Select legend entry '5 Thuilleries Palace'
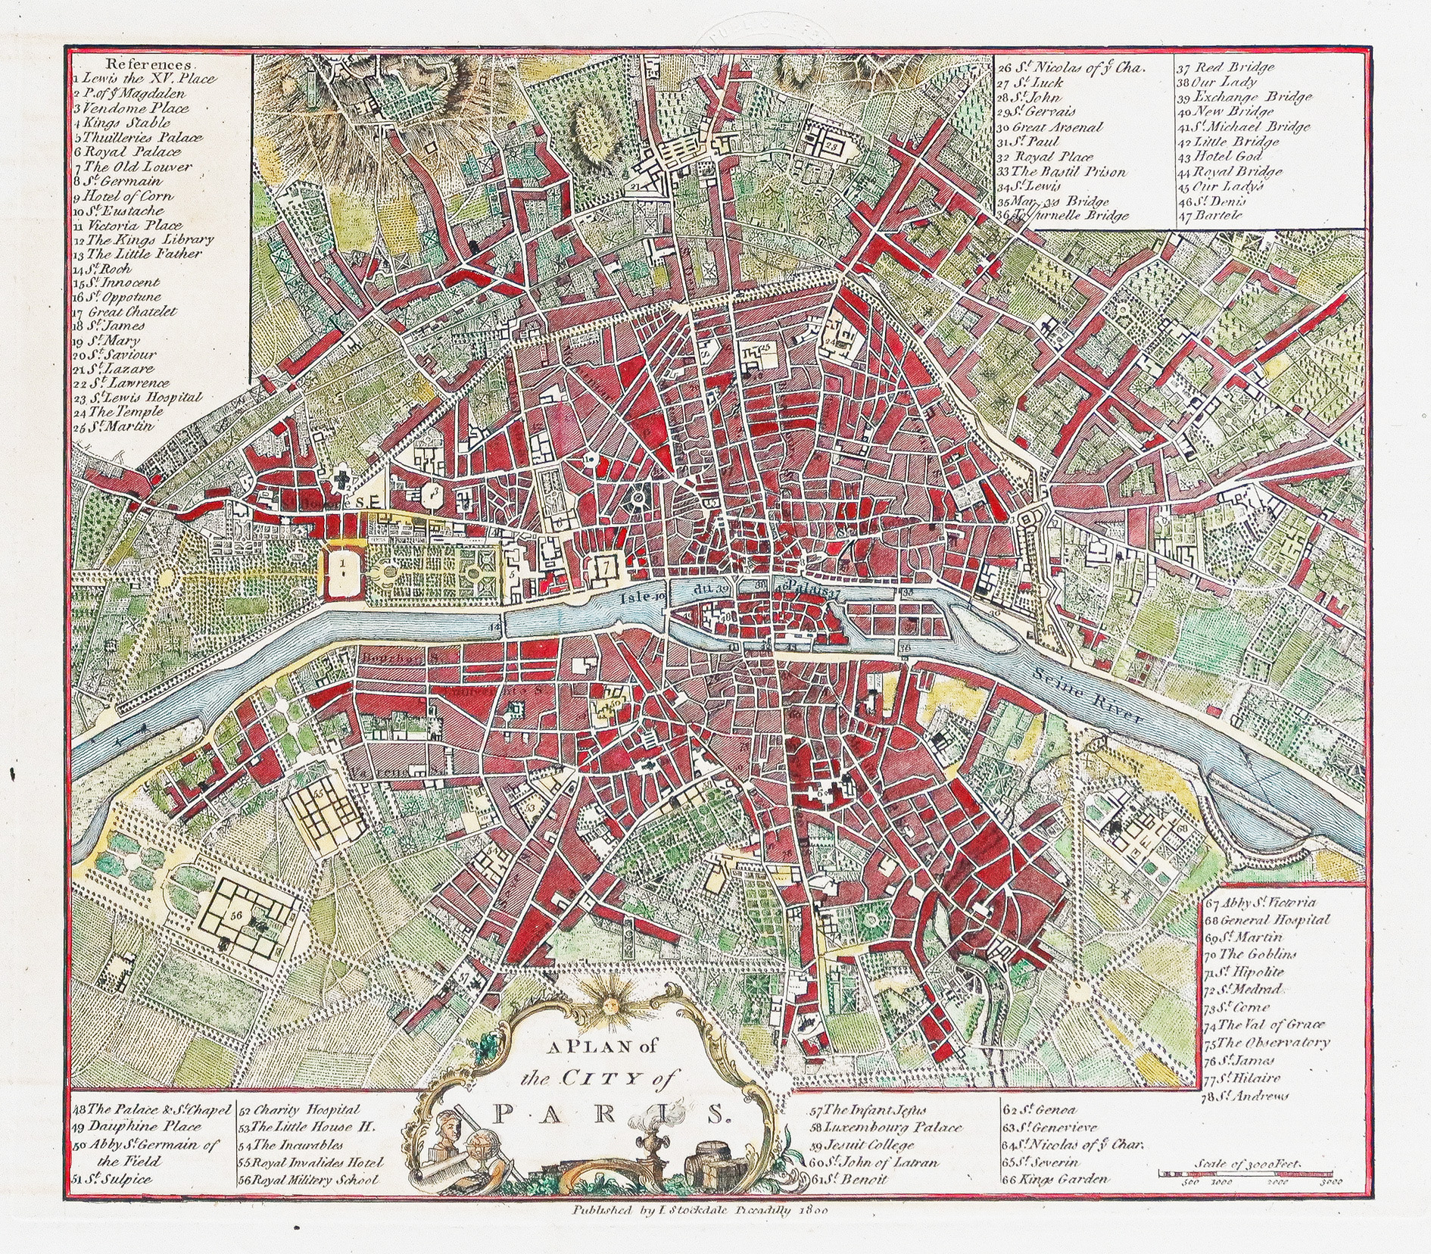(139, 138)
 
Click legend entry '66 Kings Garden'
(1055, 1179)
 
